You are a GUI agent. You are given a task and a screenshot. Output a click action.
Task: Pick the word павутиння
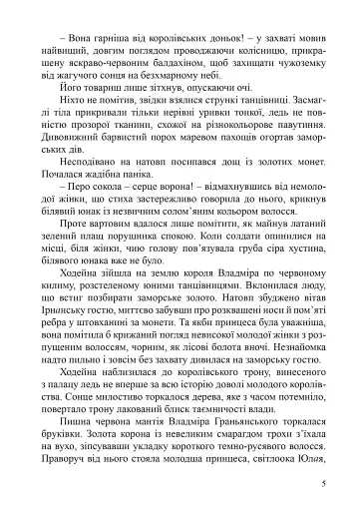click(x=296, y=146)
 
